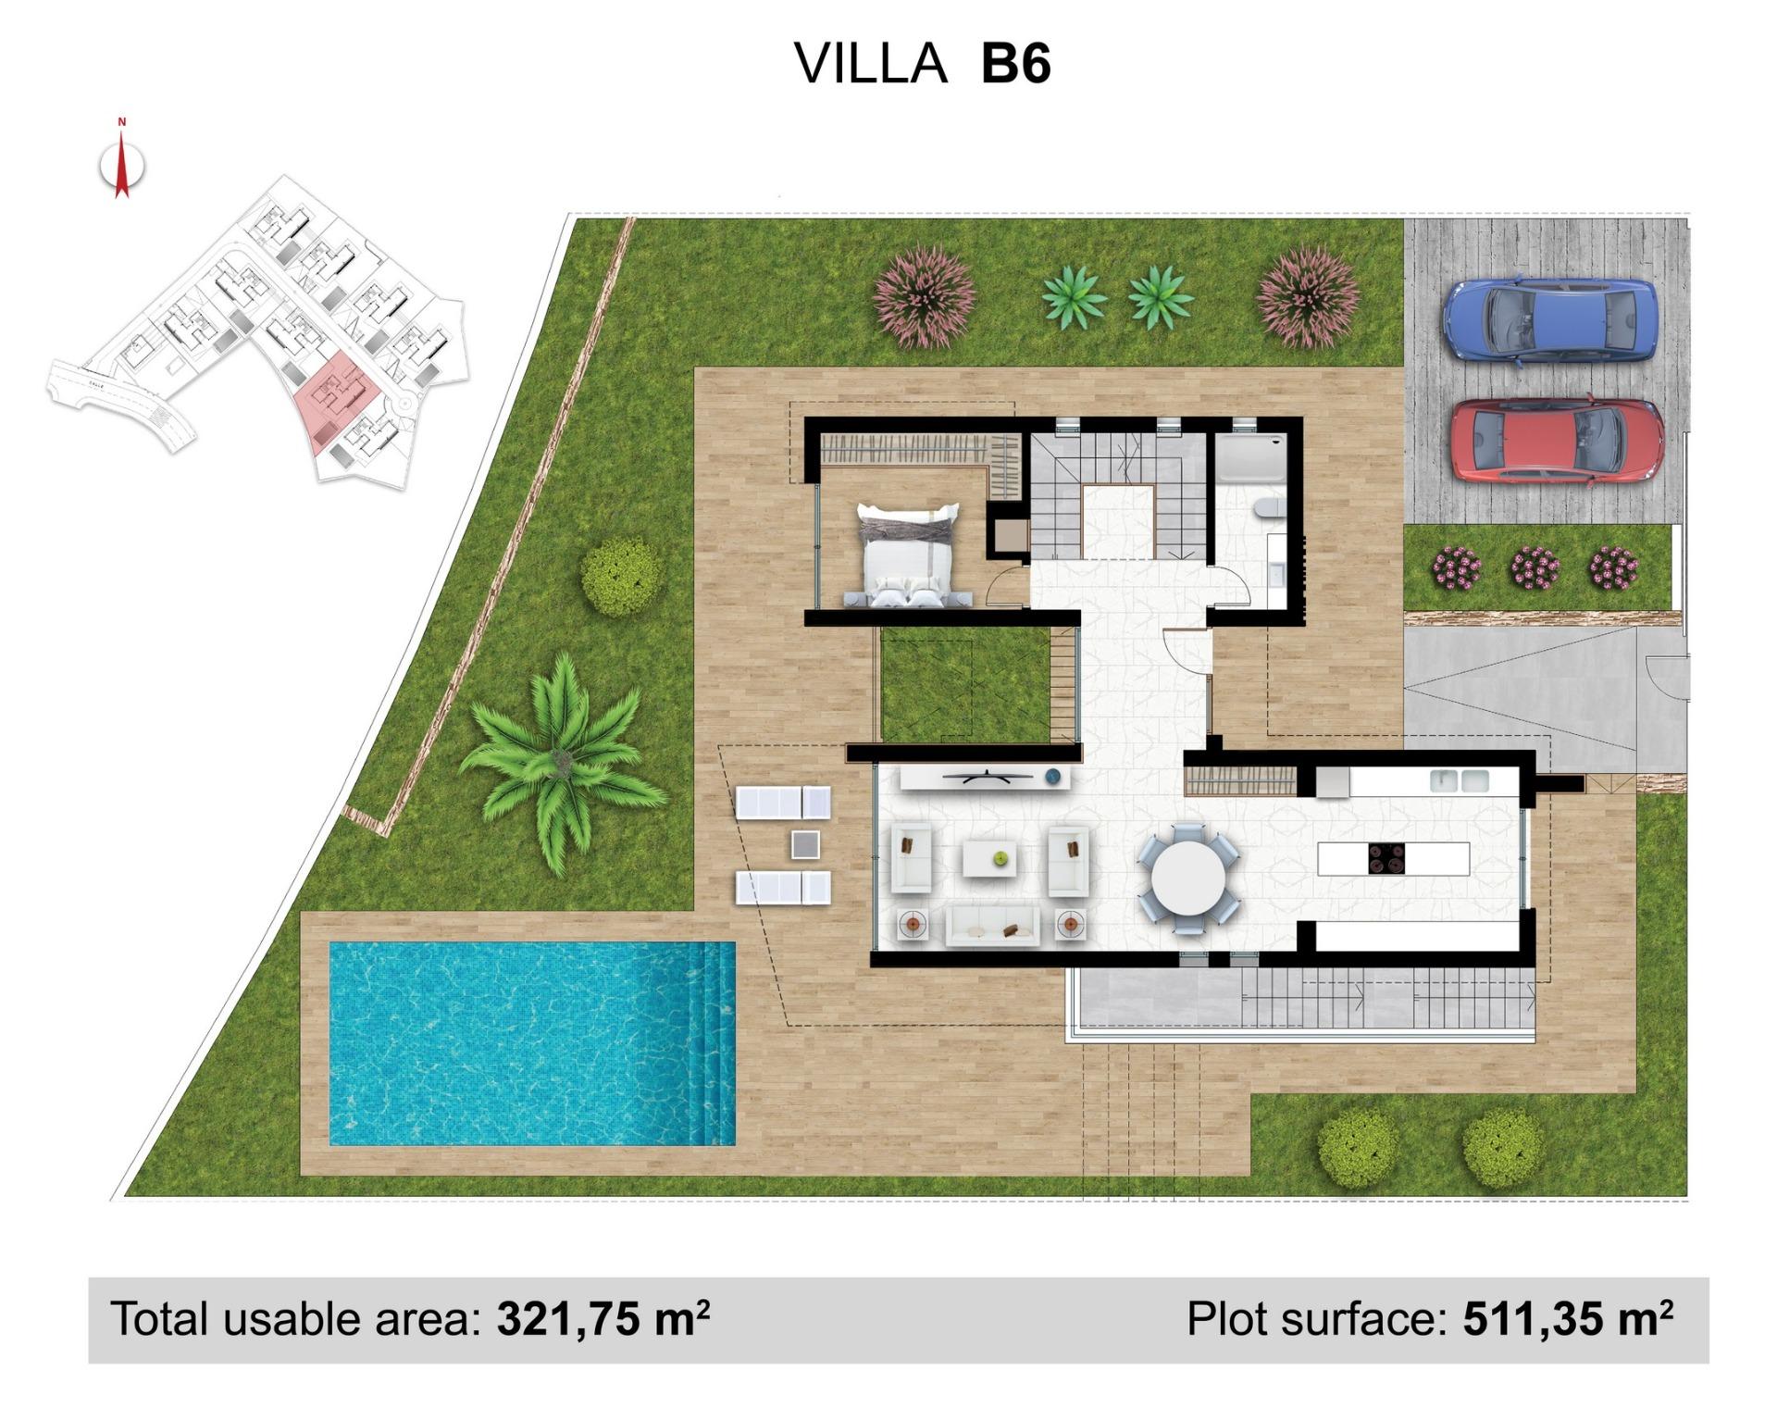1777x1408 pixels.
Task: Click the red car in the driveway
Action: tap(1557, 441)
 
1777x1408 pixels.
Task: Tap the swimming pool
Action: tap(532, 1043)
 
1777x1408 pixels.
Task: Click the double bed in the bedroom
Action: tap(908, 555)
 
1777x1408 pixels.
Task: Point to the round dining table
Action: tap(1188, 877)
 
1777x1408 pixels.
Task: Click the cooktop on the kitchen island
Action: tap(1386, 858)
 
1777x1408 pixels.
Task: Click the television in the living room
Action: tap(987, 776)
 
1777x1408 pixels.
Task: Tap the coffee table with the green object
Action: tap(989, 858)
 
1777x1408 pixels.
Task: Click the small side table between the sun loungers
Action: tap(805, 844)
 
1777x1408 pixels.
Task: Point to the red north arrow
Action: tap(121, 167)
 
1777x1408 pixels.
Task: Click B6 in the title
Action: tap(1015, 65)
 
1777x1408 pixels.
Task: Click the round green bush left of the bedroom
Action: tap(621, 576)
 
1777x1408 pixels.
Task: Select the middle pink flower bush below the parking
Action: tap(1535, 567)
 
